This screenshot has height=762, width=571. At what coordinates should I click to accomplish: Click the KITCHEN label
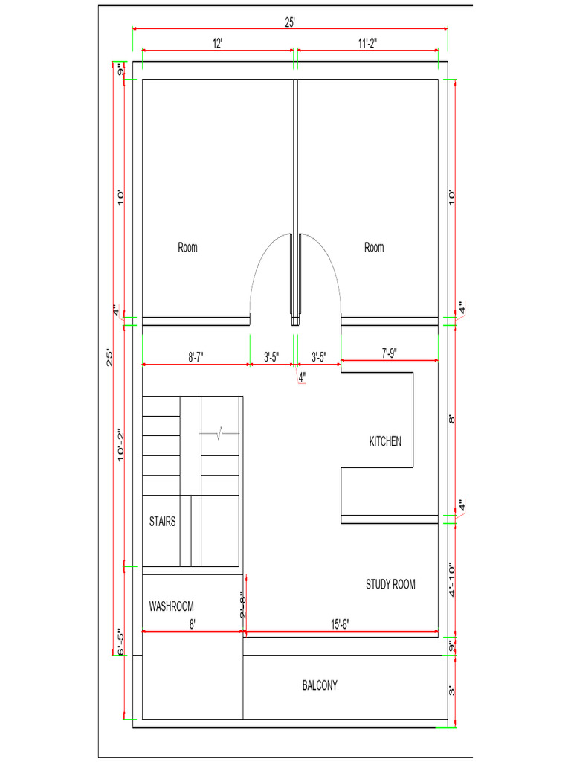(x=385, y=441)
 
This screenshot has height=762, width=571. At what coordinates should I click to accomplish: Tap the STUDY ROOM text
(x=390, y=584)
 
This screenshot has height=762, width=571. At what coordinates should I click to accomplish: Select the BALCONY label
(x=320, y=685)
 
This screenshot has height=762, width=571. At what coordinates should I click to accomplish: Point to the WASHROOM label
(x=172, y=606)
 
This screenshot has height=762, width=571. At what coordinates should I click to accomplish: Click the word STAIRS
(x=162, y=522)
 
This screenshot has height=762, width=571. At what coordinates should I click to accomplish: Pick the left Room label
(x=187, y=247)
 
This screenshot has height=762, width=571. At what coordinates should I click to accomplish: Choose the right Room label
(x=374, y=247)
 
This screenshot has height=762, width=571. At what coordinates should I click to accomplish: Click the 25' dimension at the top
(x=290, y=22)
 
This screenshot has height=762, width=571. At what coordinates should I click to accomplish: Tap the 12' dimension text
(x=217, y=44)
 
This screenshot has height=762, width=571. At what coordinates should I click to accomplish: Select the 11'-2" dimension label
(x=367, y=44)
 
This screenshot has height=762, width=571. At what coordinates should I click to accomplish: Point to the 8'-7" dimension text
(x=196, y=358)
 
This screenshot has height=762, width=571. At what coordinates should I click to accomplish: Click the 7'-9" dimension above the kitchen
(x=389, y=353)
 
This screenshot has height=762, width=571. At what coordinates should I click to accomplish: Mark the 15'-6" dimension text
(x=341, y=624)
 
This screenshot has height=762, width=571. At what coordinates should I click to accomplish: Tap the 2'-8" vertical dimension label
(x=243, y=604)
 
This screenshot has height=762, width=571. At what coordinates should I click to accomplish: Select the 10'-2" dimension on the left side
(x=120, y=445)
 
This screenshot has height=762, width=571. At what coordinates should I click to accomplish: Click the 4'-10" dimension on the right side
(x=451, y=580)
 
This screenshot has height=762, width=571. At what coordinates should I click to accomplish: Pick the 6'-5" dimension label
(x=120, y=641)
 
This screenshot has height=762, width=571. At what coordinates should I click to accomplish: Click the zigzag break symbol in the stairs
(x=219, y=433)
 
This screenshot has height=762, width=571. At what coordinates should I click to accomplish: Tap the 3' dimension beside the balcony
(x=451, y=690)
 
